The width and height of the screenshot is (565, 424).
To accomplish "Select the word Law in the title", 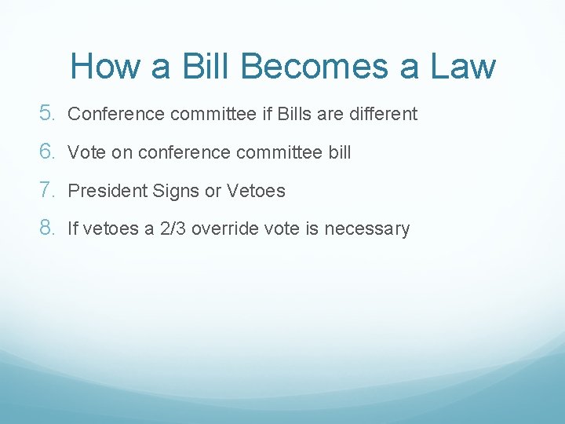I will coord(463,66).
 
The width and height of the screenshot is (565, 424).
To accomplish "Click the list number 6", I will coord(46,152).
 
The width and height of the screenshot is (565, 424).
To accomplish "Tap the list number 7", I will coord(46,190).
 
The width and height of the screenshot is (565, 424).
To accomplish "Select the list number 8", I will coord(46,228).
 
